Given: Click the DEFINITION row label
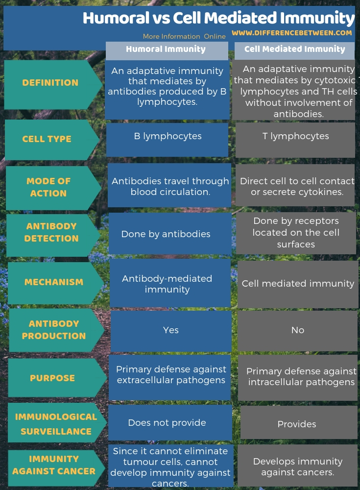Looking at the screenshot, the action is [50, 83].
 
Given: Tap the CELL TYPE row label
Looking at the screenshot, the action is [47, 139].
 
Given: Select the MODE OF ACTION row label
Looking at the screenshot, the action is [48, 187].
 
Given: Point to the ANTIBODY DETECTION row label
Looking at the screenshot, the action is [51, 232].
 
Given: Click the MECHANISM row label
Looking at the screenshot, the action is [54, 282].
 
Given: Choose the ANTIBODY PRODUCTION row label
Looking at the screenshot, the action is [53, 330].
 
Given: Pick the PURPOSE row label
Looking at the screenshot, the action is [52, 378].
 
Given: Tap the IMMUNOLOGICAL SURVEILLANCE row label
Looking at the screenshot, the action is [56, 424].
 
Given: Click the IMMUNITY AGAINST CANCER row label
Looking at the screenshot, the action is [54, 465].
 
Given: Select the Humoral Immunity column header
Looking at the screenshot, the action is [166, 49].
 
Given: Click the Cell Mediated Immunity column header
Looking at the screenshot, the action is [294, 49].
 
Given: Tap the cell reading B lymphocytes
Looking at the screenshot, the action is [168, 136].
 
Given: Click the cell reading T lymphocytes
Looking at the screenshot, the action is [295, 136].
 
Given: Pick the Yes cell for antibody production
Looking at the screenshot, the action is [170, 330].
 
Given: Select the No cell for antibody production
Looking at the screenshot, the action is [297, 330].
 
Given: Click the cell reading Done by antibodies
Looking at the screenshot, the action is [166, 234].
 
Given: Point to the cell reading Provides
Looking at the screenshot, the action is [297, 424].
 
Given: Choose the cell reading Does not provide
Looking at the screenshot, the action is [167, 422].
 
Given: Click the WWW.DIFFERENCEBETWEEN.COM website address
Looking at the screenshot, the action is [292, 33].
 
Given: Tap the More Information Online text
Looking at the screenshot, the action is [184, 36].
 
